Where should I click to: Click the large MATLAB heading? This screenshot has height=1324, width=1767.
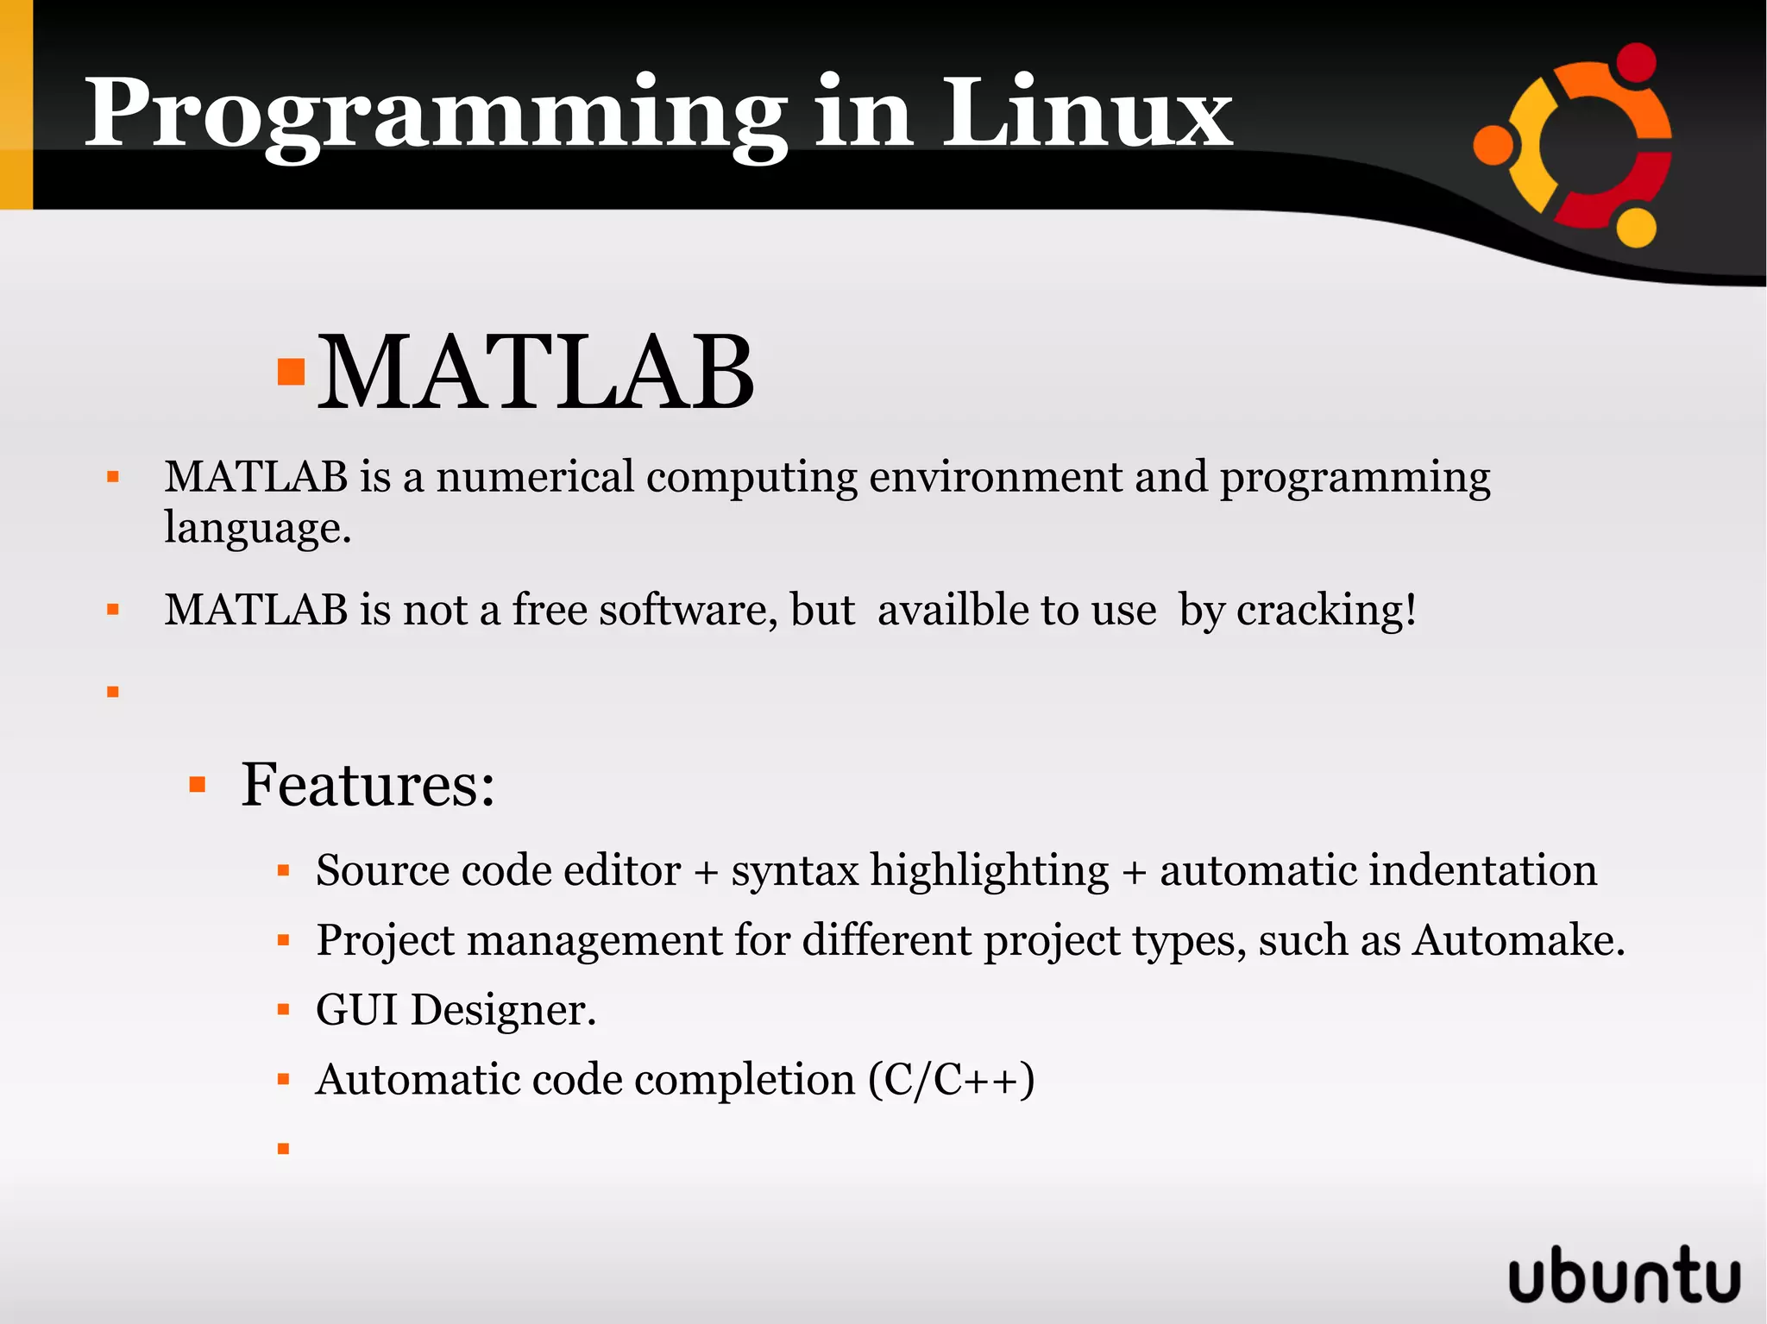(x=536, y=373)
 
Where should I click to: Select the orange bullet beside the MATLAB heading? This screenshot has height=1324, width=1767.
(x=292, y=372)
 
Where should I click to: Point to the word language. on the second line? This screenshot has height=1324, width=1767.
(x=257, y=528)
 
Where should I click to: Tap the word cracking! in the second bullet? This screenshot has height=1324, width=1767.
(x=1325, y=610)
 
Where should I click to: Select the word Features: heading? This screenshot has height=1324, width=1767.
(x=368, y=785)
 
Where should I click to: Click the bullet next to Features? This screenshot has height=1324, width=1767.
(x=198, y=785)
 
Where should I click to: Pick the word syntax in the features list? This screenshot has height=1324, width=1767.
(x=795, y=870)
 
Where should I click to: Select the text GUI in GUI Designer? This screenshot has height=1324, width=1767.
(x=356, y=1010)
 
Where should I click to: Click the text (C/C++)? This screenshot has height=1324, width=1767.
(x=952, y=1080)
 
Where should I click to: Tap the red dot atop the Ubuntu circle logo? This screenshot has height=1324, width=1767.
(x=1635, y=62)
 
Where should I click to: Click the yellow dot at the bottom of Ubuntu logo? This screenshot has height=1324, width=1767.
(x=1635, y=229)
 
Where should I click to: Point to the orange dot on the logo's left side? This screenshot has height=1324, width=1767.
(x=1493, y=145)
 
